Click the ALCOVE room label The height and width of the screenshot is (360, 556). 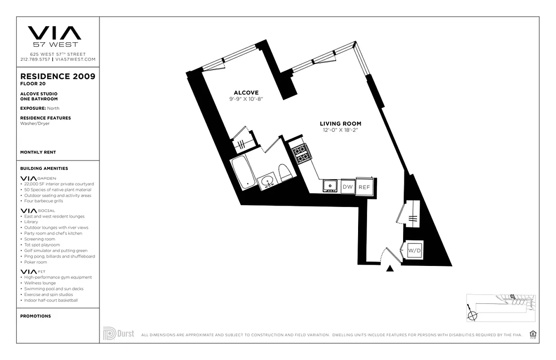[246, 93]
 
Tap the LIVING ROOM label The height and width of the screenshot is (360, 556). [340, 124]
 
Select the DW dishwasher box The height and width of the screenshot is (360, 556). [347, 186]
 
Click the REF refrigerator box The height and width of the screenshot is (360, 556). [365, 186]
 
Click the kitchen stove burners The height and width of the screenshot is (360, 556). [300, 153]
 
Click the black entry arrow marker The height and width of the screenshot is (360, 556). [390, 269]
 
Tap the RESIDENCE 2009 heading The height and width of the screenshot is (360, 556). [58, 76]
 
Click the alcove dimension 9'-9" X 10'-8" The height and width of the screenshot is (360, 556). [246, 99]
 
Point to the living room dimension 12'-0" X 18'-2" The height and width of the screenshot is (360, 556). [340, 130]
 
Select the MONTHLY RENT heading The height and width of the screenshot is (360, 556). [38, 153]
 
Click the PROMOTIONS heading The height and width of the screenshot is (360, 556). [36, 316]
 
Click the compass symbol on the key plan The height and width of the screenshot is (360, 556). [472, 315]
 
